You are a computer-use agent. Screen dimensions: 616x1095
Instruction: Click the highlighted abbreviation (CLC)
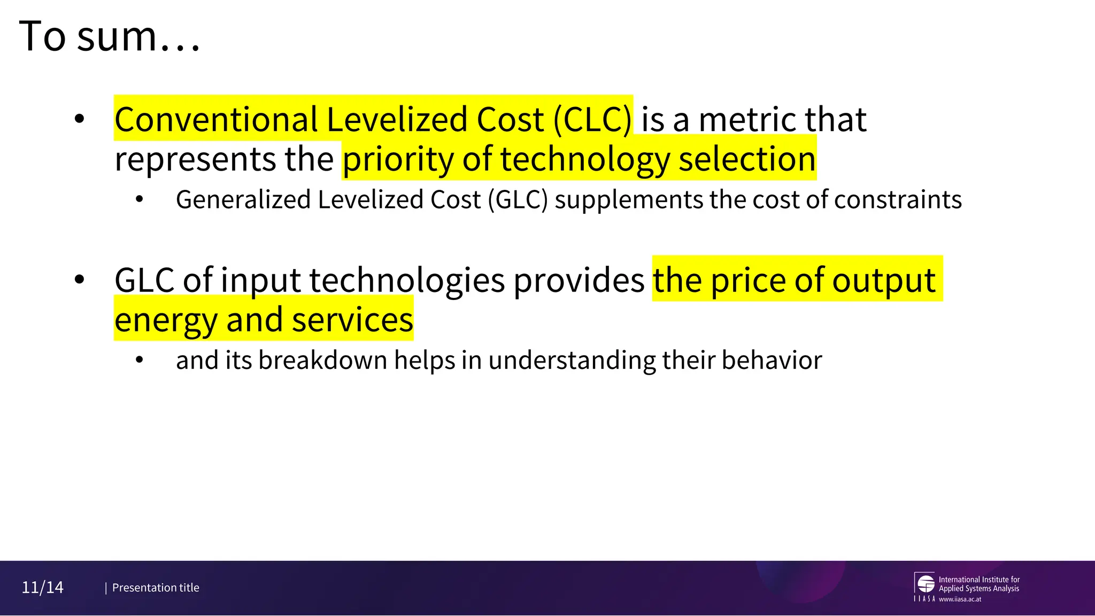click(x=592, y=119)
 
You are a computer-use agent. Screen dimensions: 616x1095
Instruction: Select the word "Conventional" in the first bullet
click(x=216, y=119)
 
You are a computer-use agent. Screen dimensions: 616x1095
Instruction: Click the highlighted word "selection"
click(x=747, y=159)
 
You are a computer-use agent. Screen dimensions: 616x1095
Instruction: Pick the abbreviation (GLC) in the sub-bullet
click(x=518, y=200)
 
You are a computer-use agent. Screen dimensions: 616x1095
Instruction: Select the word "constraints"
click(x=898, y=200)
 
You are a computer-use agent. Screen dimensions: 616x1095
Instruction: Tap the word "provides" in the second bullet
click(x=579, y=280)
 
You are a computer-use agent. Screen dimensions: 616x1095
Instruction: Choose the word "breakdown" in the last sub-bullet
click(x=323, y=360)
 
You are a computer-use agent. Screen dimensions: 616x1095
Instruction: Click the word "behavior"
click(x=772, y=360)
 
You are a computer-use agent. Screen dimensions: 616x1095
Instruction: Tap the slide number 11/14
click(x=42, y=588)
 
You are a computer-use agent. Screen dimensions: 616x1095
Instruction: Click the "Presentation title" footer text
click(x=156, y=588)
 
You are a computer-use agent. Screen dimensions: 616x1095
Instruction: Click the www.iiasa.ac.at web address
click(x=960, y=599)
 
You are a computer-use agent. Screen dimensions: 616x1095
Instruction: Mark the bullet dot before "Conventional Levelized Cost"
click(x=80, y=119)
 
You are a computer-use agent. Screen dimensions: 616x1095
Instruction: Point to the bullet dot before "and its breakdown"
click(x=140, y=360)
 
